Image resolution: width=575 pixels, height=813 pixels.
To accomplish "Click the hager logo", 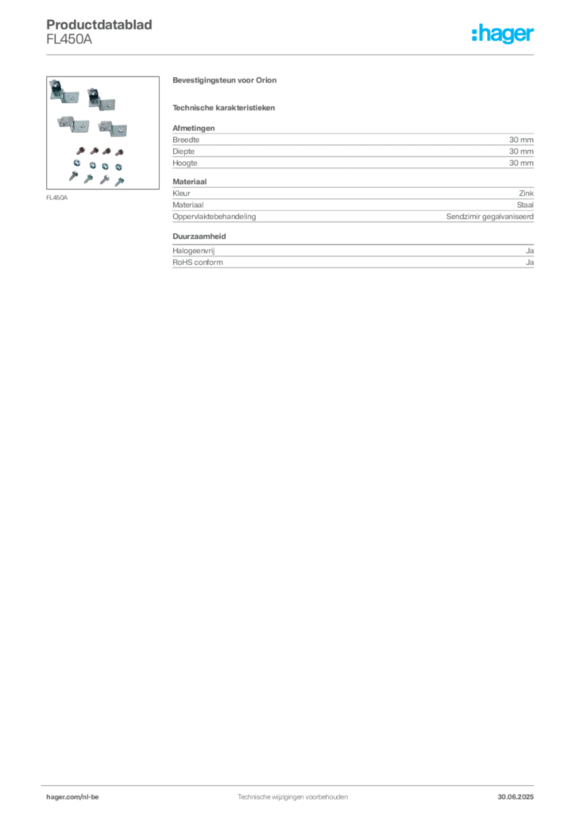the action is click(x=503, y=33).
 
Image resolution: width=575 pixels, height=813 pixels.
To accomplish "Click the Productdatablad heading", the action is click(x=99, y=25).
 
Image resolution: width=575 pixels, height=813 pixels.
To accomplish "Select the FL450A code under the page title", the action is click(x=69, y=40).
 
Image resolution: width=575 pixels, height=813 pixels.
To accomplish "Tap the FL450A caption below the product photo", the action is click(x=56, y=198).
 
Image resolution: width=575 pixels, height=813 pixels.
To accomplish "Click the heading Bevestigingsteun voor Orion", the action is click(x=225, y=80).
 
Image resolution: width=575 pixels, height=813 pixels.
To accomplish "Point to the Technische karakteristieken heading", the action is click(x=223, y=108).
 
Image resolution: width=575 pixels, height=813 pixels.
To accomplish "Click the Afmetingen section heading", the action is click(x=194, y=128).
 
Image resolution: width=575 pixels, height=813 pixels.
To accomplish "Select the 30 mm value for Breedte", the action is click(x=521, y=140).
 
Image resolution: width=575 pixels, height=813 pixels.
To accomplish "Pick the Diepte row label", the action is click(x=183, y=152).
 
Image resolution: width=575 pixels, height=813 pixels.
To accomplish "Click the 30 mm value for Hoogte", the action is click(x=521, y=163).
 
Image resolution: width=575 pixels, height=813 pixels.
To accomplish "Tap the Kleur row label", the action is click(x=181, y=194).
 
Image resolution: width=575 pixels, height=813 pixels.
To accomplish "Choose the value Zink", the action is click(x=527, y=194).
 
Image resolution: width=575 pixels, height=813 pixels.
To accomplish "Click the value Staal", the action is click(x=525, y=205).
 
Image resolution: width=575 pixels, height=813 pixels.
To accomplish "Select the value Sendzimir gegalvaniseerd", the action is click(x=490, y=217).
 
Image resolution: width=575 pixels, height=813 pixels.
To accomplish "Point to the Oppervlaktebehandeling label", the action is click(x=214, y=217).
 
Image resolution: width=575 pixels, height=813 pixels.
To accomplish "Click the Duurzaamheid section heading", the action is click(x=199, y=237).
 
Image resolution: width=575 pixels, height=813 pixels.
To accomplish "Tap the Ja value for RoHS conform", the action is click(x=530, y=262).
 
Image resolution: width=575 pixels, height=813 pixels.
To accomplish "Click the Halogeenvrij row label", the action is click(x=194, y=251).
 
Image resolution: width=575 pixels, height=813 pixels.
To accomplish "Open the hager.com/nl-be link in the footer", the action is click(x=72, y=797).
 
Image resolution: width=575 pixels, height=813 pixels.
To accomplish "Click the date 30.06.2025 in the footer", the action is click(x=515, y=797).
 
